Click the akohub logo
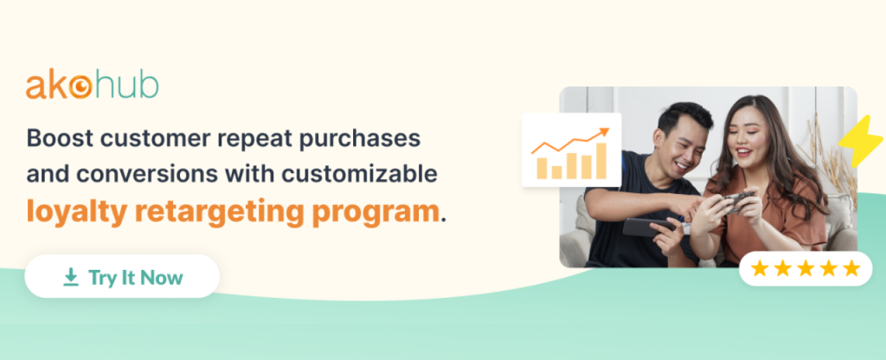[x=92, y=86]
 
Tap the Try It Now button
[x=122, y=276]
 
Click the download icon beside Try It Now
[x=71, y=277]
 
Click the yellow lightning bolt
[x=860, y=141]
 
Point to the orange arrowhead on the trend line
[x=604, y=132]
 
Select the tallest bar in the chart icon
[x=600, y=160]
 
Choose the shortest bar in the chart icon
[x=556, y=172]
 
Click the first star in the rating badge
[x=760, y=268]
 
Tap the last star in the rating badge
[x=851, y=268]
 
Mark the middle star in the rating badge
[x=806, y=268]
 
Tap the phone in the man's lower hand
[x=647, y=227]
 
